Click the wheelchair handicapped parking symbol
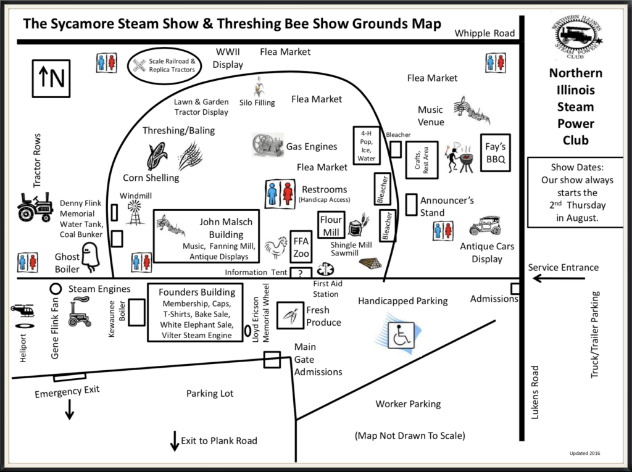click(x=401, y=334)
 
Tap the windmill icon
click(x=135, y=213)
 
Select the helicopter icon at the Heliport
click(x=23, y=310)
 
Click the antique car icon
click(x=485, y=226)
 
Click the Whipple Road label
click(x=484, y=33)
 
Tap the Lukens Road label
click(x=534, y=392)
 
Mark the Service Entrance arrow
click(x=559, y=278)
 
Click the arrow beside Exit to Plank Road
click(x=175, y=441)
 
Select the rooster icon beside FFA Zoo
click(x=276, y=247)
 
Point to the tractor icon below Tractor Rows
click(x=35, y=207)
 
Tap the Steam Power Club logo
click(x=576, y=36)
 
